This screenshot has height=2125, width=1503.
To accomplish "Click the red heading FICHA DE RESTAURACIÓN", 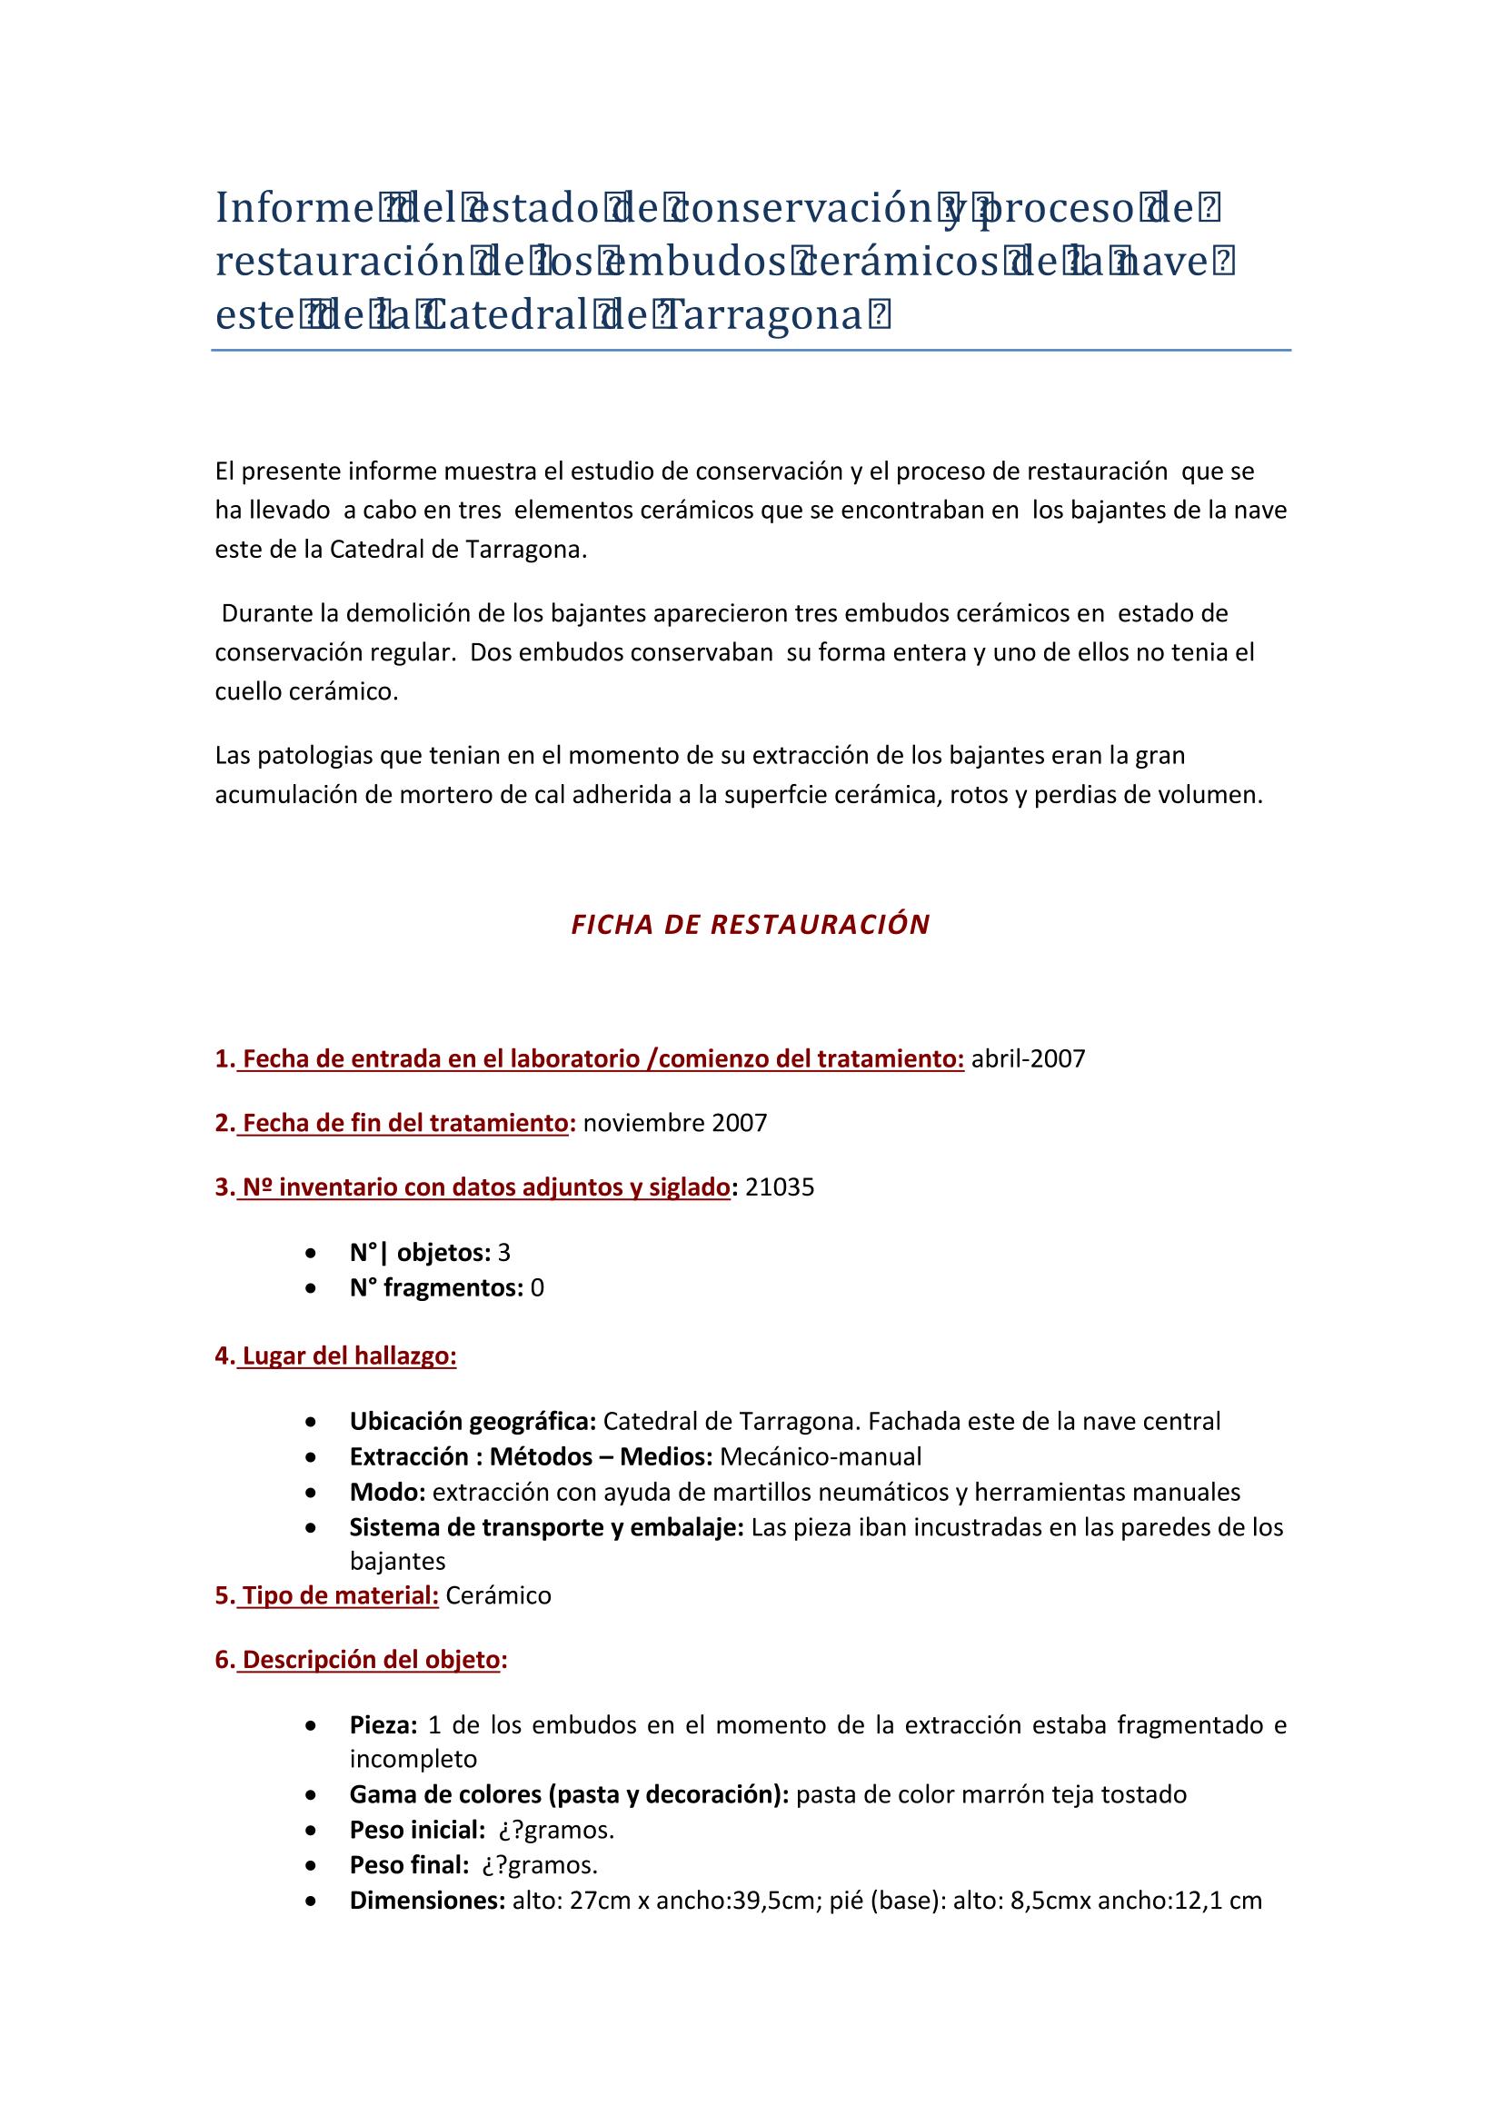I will pyautogui.click(x=751, y=926).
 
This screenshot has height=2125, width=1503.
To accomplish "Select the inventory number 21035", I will pyautogui.click(x=780, y=1187).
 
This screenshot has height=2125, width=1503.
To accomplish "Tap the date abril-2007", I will pyautogui.click(x=1028, y=1059).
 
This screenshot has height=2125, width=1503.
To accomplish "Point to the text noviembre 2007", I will pyautogui.click(x=674, y=1124).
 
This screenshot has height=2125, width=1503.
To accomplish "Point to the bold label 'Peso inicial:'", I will pyautogui.click(x=417, y=1831).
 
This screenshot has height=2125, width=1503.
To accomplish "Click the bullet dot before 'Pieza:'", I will pyautogui.click(x=314, y=1726).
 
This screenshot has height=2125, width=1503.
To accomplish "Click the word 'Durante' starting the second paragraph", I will pyautogui.click(x=266, y=613).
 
